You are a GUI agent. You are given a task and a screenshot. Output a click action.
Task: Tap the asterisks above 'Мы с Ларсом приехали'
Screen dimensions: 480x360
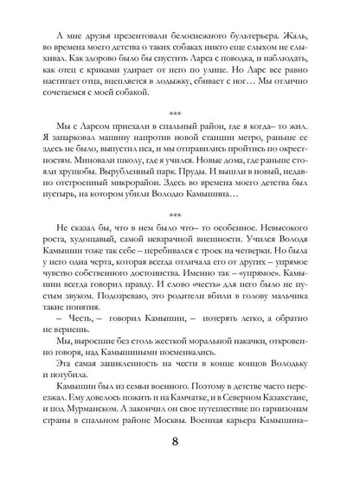point(179,115)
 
